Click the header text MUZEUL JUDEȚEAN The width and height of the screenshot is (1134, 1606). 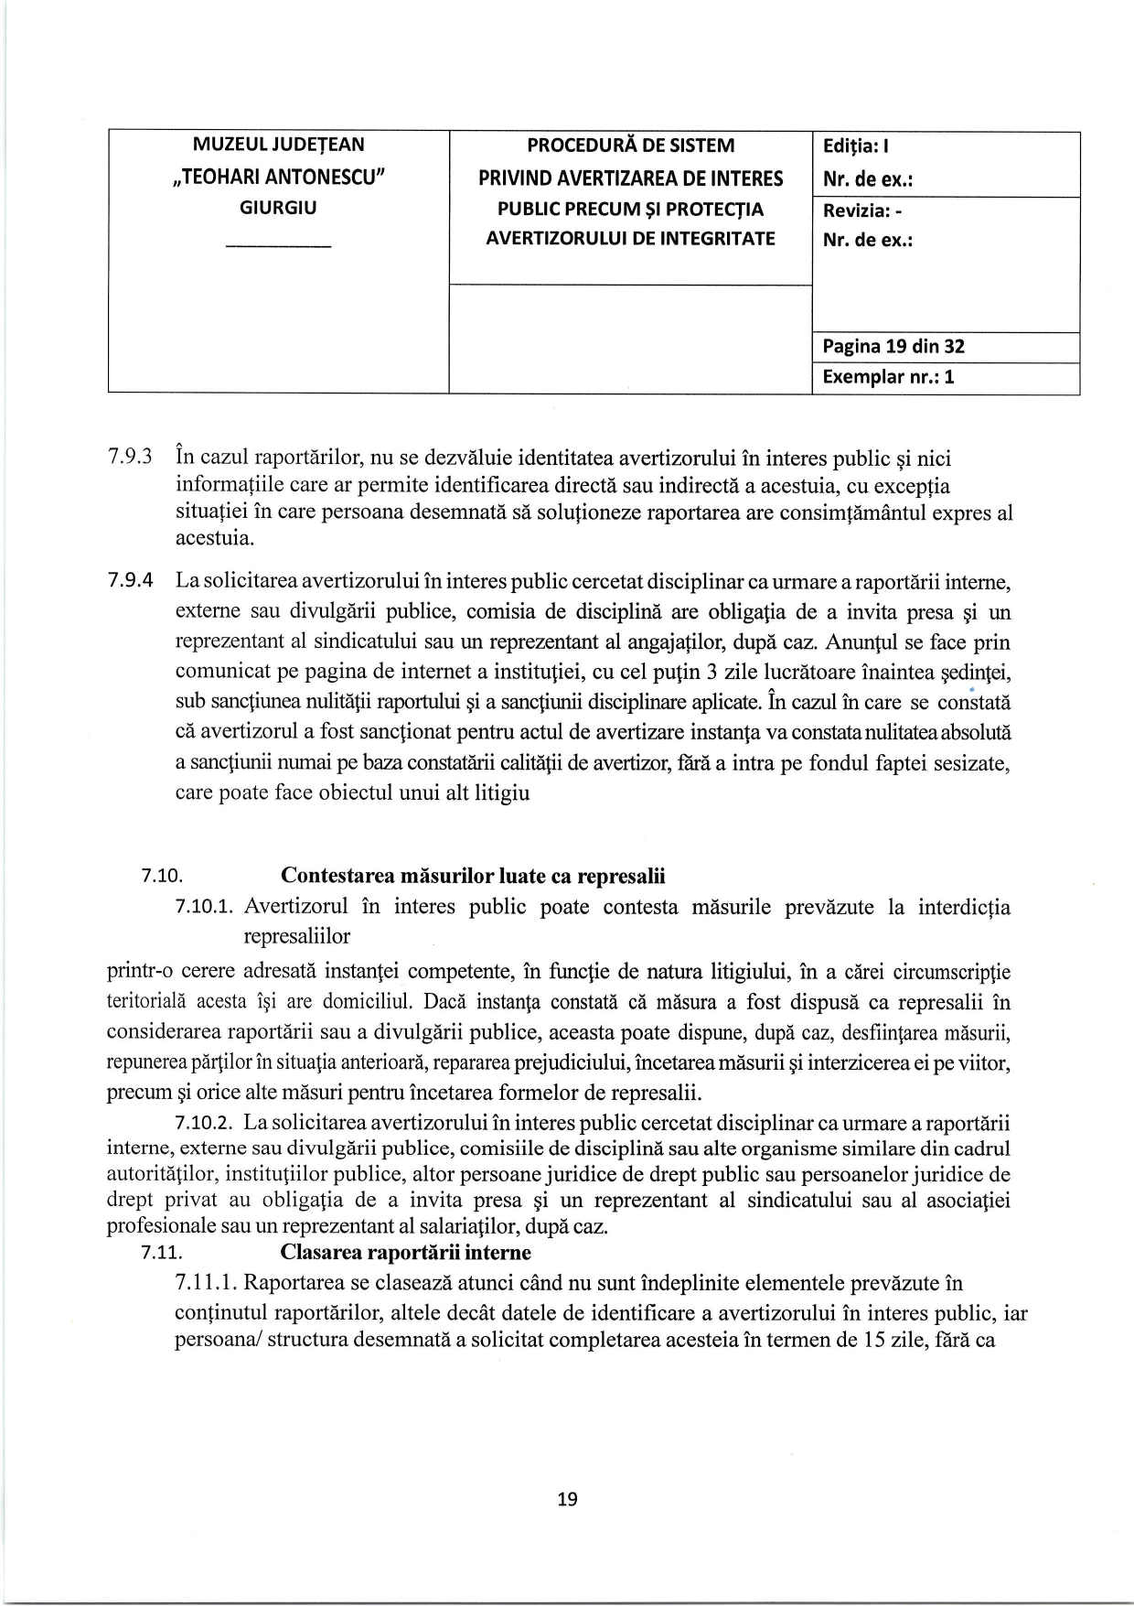point(278,145)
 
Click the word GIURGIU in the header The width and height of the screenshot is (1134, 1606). point(278,208)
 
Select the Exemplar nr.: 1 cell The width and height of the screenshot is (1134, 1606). point(888,377)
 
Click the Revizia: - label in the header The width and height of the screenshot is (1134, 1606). point(862,210)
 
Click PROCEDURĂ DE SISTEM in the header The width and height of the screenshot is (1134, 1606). point(630,146)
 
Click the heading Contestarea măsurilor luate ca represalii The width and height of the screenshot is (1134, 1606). point(473,876)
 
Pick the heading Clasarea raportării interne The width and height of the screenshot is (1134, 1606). point(405,1252)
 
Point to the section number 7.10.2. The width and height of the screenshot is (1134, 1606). point(205,1123)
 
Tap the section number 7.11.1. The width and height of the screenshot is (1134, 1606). point(205,1284)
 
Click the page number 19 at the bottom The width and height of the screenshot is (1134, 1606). point(567,1499)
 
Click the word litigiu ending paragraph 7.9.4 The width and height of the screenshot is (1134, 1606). point(502,792)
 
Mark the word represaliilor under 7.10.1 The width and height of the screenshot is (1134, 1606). point(296,936)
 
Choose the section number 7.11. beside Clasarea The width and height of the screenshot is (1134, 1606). point(161,1253)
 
